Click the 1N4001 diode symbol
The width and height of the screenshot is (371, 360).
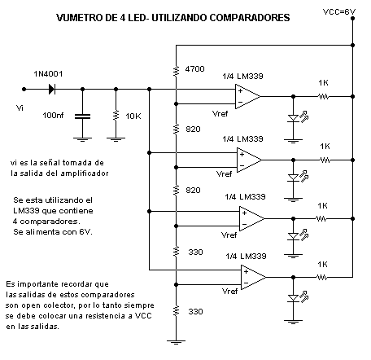point(52,89)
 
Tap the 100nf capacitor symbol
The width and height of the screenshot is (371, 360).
point(82,116)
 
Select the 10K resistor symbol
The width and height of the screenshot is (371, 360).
point(116,116)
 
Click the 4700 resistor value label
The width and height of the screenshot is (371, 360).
point(194,69)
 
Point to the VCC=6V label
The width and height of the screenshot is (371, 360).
point(339,12)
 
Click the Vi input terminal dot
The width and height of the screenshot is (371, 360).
point(24,89)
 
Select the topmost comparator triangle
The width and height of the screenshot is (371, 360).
point(247,96)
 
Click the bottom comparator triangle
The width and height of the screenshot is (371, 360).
point(254,277)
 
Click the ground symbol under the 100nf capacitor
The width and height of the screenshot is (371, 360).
point(82,139)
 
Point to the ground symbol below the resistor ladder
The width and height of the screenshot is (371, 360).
point(176,342)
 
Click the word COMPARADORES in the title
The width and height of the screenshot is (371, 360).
point(250,18)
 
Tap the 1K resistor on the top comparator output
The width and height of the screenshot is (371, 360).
point(323,96)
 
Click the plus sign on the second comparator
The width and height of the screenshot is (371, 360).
point(242,155)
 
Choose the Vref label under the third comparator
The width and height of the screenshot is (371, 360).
point(229,235)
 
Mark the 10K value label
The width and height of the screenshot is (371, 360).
point(133,116)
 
